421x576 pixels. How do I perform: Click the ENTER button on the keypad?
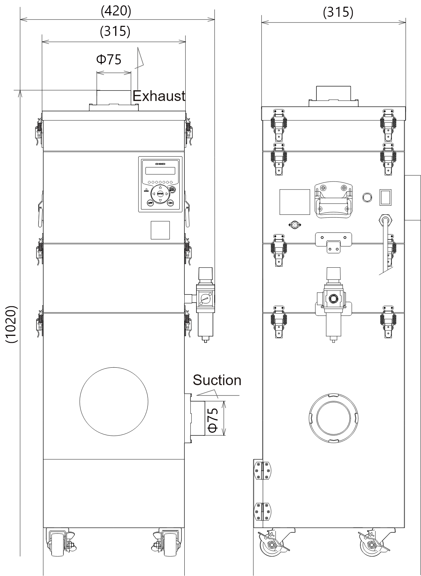click(x=160, y=194)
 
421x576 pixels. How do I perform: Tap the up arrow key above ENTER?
click(x=160, y=187)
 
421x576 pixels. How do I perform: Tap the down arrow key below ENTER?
click(x=160, y=200)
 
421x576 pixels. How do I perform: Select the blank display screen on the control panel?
click(x=161, y=171)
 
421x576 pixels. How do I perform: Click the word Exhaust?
click(x=159, y=96)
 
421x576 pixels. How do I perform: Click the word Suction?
click(x=217, y=380)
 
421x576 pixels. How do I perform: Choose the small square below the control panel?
click(x=160, y=230)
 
